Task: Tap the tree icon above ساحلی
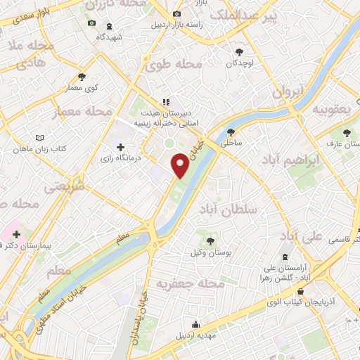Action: (231, 131)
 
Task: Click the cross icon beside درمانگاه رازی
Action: (120, 147)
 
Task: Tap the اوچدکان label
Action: (240, 63)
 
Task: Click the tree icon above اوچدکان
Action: (240, 51)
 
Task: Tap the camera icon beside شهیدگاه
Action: (92, 23)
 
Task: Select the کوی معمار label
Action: (82, 87)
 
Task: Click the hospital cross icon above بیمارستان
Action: (17, 233)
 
